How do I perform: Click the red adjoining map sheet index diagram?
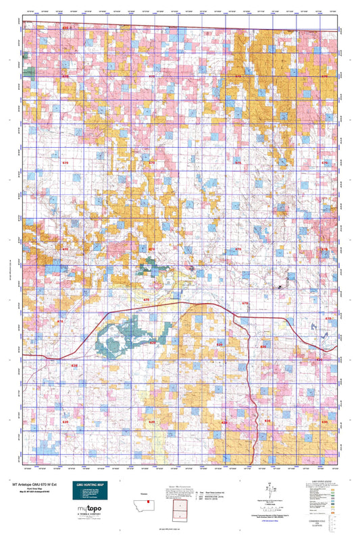(x=180, y=510)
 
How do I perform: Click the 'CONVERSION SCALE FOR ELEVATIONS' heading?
(x=326, y=521)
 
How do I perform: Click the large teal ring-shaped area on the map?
(x=125, y=338)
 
